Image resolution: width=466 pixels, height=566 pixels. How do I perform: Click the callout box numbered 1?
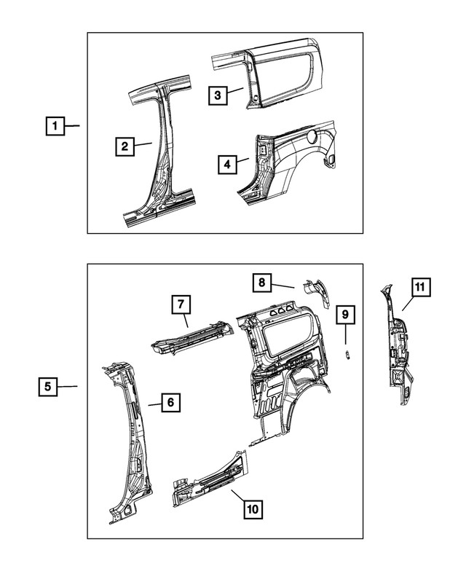pyautogui.click(x=53, y=126)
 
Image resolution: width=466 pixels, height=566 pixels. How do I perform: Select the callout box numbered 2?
pyautogui.click(x=125, y=146)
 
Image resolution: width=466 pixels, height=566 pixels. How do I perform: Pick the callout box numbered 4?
pyautogui.click(x=227, y=165)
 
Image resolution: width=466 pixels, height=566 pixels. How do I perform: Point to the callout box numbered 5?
pyautogui.click(x=47, y=386)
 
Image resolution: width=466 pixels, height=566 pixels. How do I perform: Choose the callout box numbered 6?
pyautogui.click(x=169, y=401)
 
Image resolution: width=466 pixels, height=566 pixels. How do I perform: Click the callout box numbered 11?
pyautogui.click(x=419, y=288)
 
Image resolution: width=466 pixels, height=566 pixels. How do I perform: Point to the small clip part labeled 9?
pyautogui.click(x=347, y=353)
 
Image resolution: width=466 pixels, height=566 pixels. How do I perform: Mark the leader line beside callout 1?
pyautogui.click(x=73, y=126)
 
